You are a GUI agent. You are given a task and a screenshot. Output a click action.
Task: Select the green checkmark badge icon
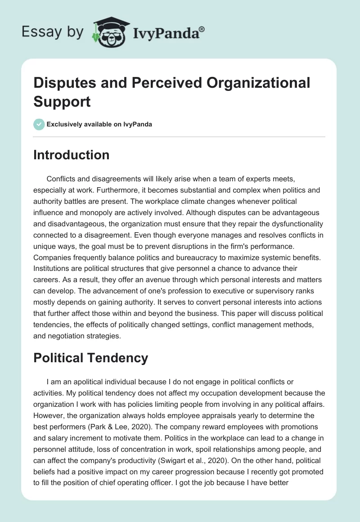(39, 124)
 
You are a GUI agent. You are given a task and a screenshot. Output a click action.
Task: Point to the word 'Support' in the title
(62, 101)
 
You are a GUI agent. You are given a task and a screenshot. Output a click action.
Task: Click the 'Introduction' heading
(71, 155)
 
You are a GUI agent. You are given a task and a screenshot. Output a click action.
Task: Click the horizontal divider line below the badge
(179, 136)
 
